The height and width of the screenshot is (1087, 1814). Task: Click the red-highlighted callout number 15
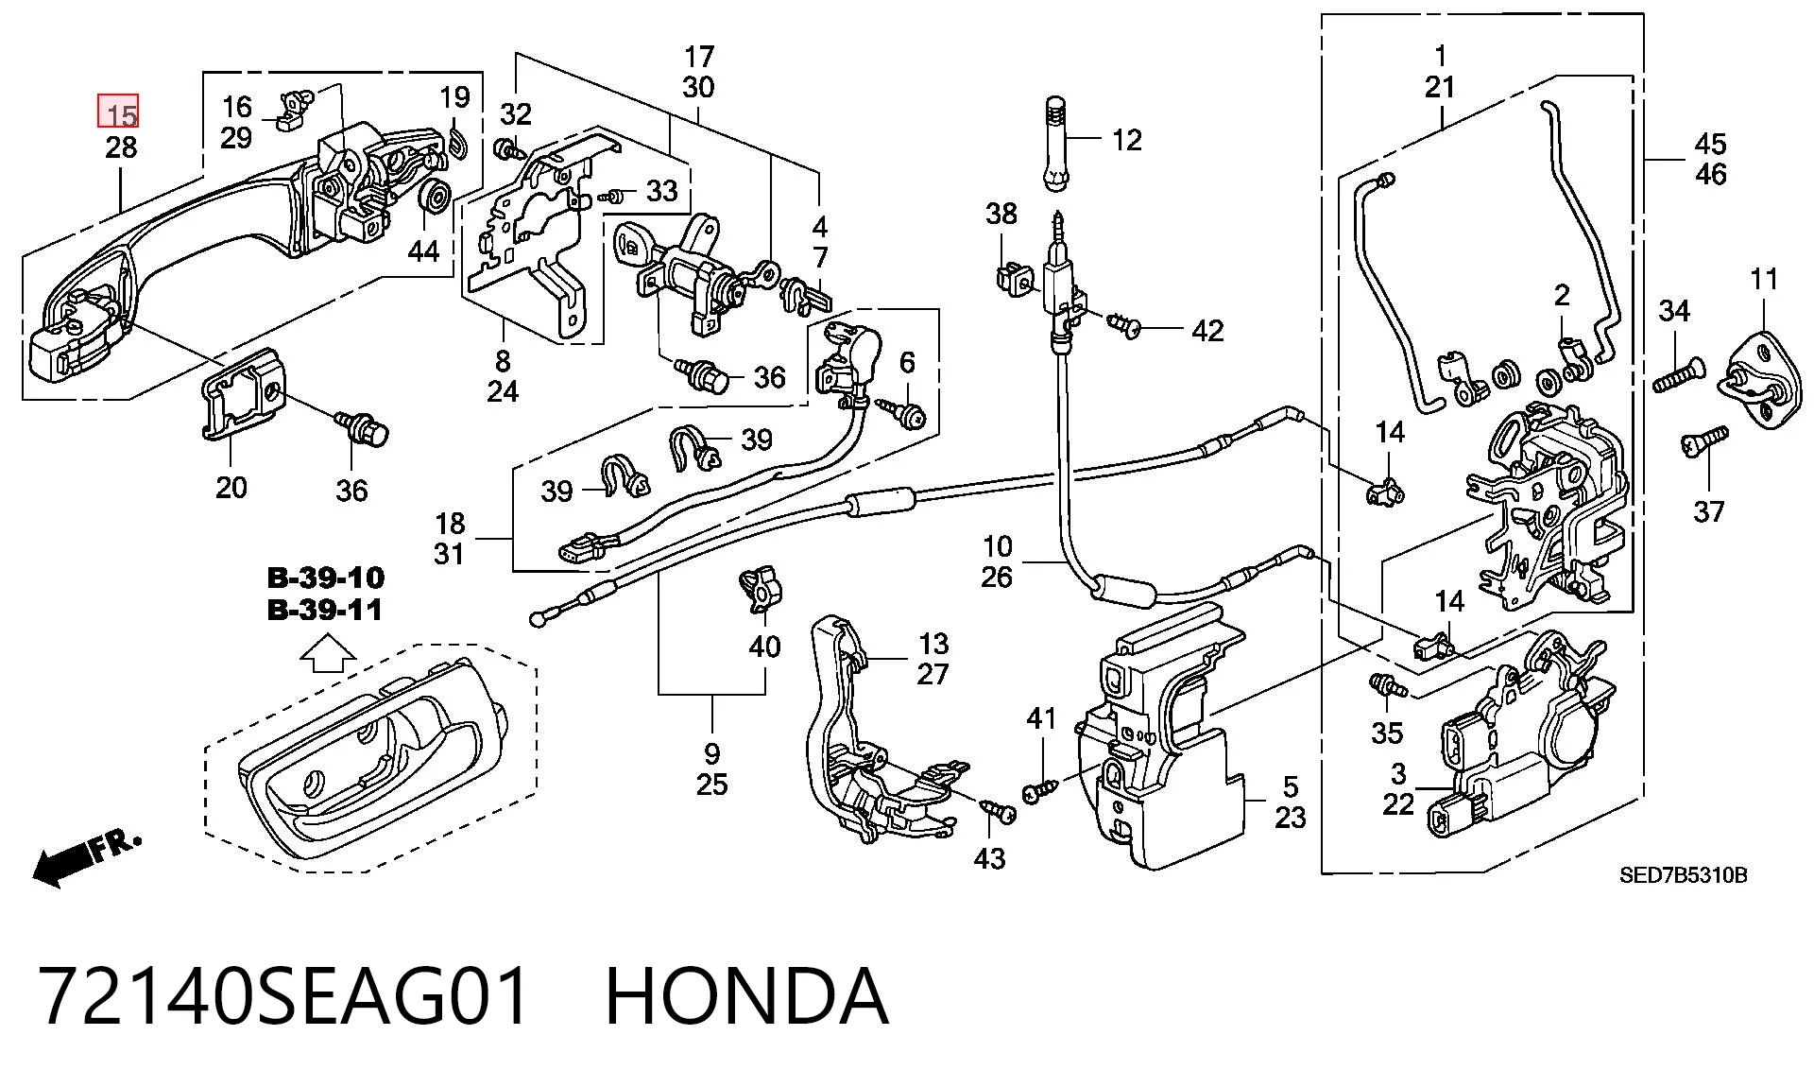(x=120, y=113)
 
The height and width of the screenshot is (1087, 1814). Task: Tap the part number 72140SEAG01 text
(x=284, y=996)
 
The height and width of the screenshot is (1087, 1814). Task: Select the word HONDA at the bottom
(x=746, y=996)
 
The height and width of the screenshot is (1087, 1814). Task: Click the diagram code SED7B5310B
(x=1683, y=875)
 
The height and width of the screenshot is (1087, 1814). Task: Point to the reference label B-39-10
(x=326, y=578)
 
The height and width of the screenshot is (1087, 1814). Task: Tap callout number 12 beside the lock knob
(x=1126, y=140)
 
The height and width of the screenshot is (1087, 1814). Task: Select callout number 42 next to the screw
(x=1207, y=331)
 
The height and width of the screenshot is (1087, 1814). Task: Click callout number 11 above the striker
(x=1764, y=279)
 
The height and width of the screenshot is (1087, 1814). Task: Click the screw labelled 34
(x=1676, y=375)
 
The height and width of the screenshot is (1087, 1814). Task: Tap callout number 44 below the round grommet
(x=423, y=250)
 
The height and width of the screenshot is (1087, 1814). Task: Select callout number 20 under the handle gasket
(x=231, y=488)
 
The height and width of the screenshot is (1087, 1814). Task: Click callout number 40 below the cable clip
(x=764, y=647)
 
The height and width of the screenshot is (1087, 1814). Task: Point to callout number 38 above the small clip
(x=1001, y=214)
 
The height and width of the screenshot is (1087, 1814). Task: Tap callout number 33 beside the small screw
(x=662, y=191)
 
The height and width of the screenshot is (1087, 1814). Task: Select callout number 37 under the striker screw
(x=1708, y=512)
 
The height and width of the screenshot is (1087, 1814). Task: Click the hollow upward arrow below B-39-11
(x=327, y=653)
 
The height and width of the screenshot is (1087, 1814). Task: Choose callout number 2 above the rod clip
(x=1562, y=296)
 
